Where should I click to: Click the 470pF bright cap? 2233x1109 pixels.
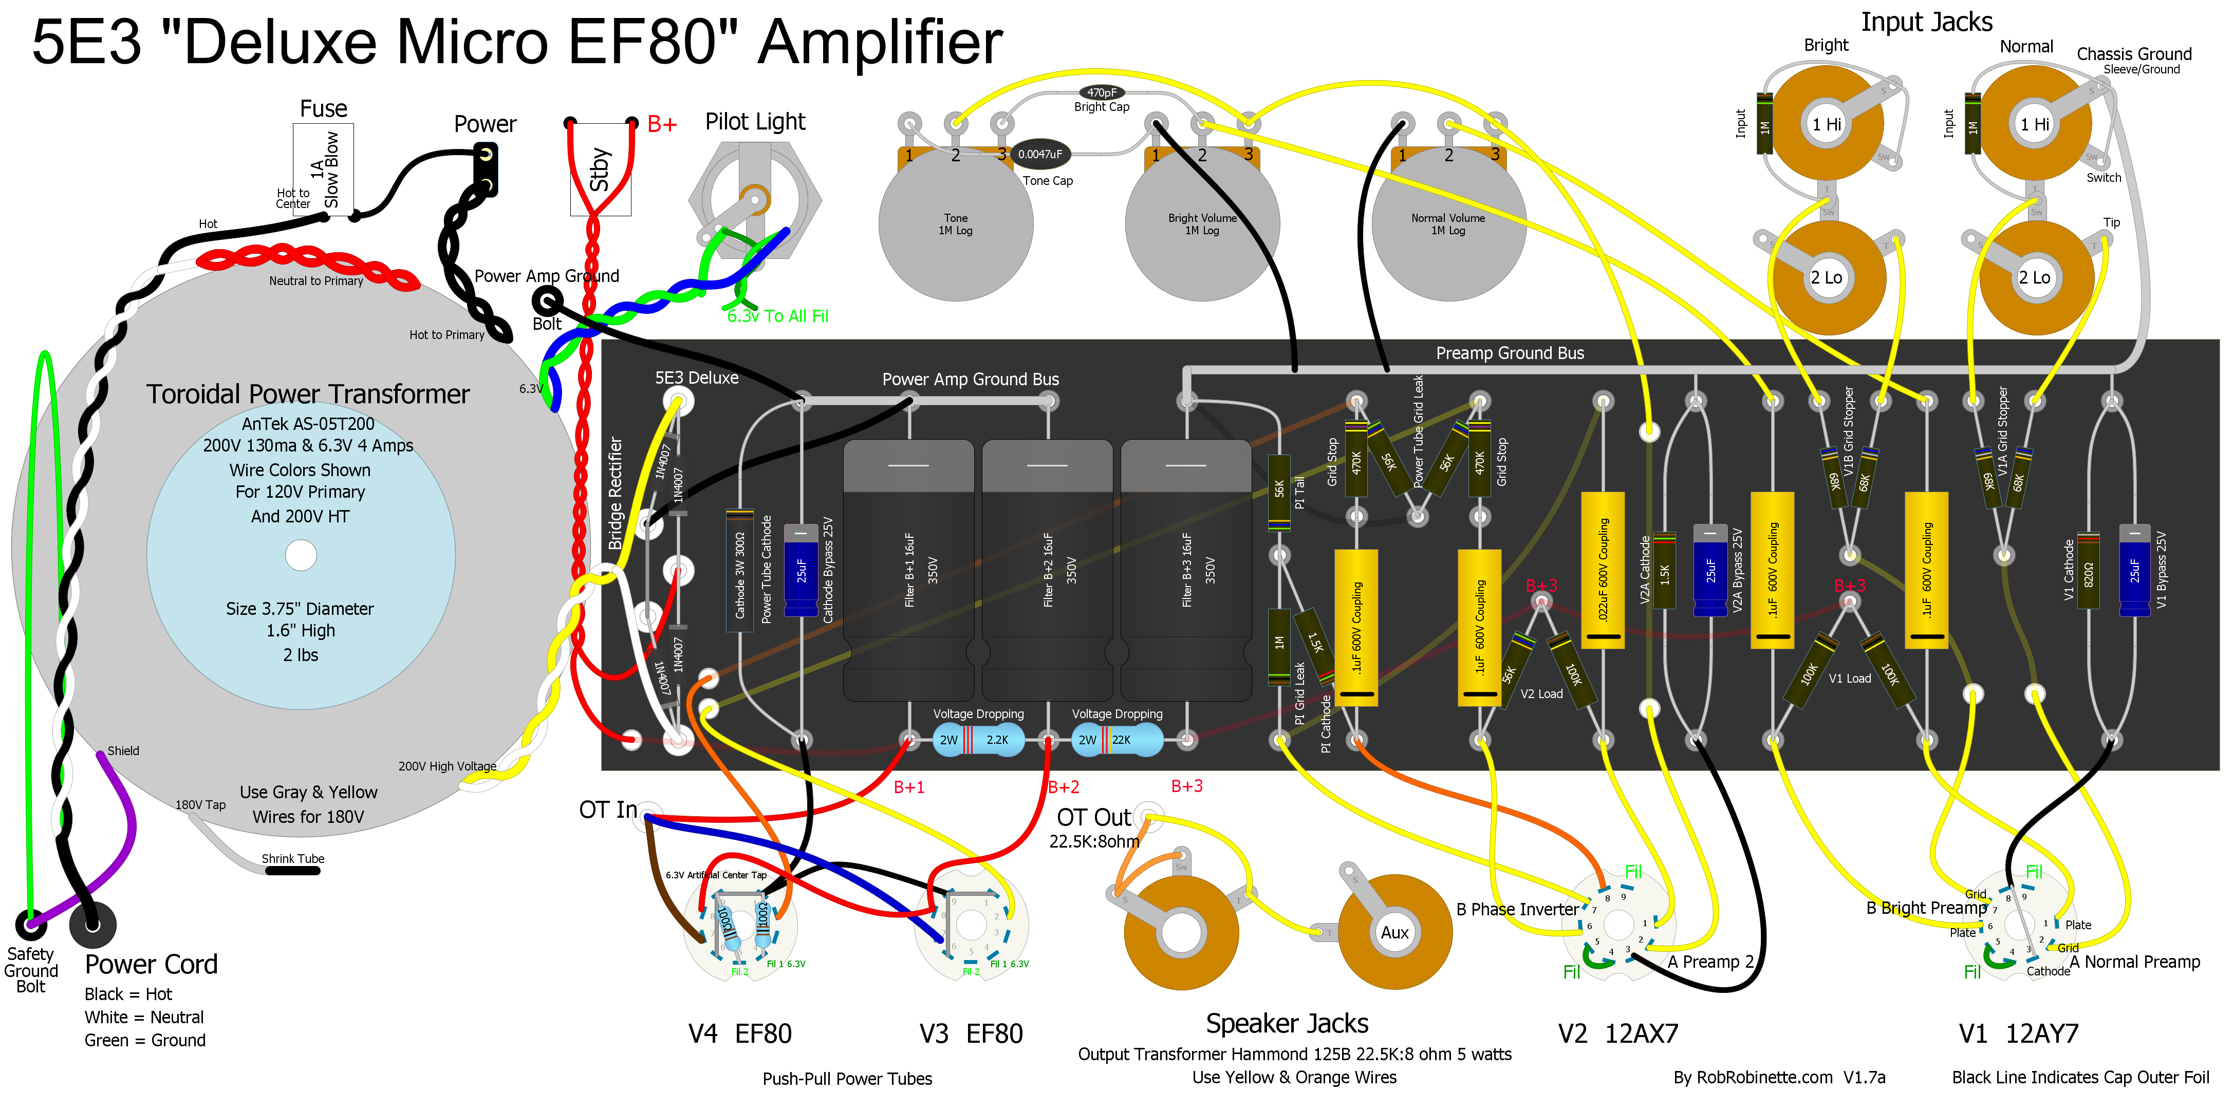[1102, 92]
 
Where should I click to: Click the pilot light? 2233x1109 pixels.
[754, 199]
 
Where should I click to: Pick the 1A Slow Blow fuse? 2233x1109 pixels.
[323, 169]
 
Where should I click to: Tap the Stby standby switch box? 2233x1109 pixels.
[600, 169]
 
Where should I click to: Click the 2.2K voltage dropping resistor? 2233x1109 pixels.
[979, 740]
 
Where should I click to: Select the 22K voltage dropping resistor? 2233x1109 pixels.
[1118, 740]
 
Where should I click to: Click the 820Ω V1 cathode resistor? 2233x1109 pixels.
[2088, 572]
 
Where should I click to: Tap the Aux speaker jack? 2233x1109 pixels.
[1395, 932]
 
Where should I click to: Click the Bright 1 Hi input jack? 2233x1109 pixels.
[1827, 124]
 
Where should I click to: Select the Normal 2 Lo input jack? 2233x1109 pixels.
[2035, 278]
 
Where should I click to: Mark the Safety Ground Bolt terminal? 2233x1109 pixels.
[31, 925]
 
